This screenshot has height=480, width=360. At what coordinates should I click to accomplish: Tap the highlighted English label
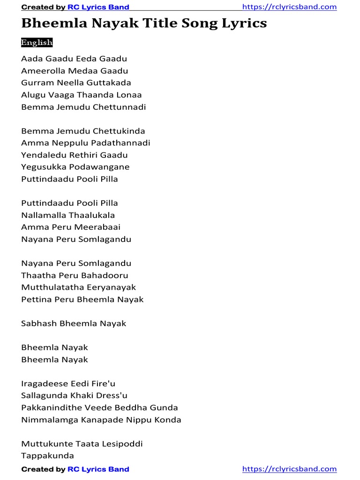[37, 43]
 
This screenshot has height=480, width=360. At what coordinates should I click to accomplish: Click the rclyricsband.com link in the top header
[289, 7]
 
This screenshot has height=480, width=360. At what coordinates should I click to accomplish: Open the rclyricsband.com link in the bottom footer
[289, 469]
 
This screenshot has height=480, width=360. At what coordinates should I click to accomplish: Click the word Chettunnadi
[119, 107]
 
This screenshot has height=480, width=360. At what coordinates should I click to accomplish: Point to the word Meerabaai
[101, 227]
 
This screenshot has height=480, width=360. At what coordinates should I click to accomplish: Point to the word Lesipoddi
[122, 443]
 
